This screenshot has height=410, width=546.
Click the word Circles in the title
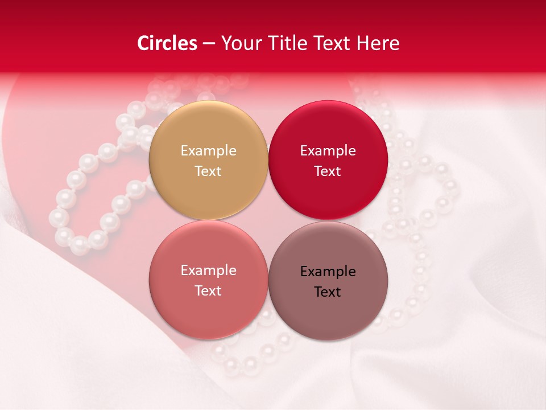(167, 43)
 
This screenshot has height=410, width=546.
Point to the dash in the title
(209, 44)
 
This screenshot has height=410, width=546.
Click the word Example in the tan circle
(208, 150)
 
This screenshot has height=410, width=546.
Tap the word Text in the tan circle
(208, 171)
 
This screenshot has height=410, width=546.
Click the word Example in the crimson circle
(328, 150)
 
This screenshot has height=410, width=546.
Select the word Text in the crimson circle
(328, 171)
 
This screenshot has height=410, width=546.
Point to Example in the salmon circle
(208, 270)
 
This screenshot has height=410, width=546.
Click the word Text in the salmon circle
(208, 290)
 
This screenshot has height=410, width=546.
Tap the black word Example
(328, 271)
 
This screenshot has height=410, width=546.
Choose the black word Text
(328, 292)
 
